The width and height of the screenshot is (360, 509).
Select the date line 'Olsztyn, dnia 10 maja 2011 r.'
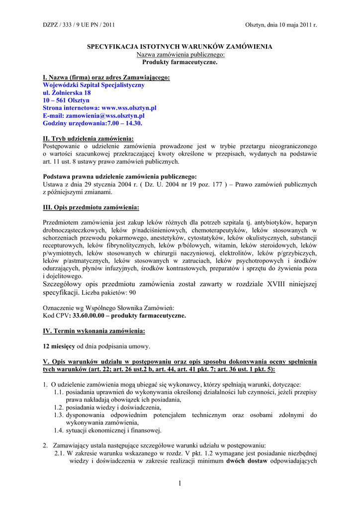pos(281,25)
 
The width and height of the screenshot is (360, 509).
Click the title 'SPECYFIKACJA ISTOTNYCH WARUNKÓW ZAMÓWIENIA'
pos(180,47)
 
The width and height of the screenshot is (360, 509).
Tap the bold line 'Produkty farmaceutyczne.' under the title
pos(180,62)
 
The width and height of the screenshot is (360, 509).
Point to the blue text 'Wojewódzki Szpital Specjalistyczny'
pos(94,85)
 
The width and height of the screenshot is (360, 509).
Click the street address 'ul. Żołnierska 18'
pos(67,93)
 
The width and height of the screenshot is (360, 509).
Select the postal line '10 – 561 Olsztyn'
pos(66,100)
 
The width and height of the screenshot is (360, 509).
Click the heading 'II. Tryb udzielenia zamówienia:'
pos(89,139)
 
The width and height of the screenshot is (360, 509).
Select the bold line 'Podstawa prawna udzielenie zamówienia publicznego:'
pos(120,176)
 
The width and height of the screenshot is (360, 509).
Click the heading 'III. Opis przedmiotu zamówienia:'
pos(91,207)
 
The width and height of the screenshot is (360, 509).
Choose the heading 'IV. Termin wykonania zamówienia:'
pos(94,331)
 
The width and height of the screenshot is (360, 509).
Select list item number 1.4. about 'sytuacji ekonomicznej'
pos(108,430)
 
